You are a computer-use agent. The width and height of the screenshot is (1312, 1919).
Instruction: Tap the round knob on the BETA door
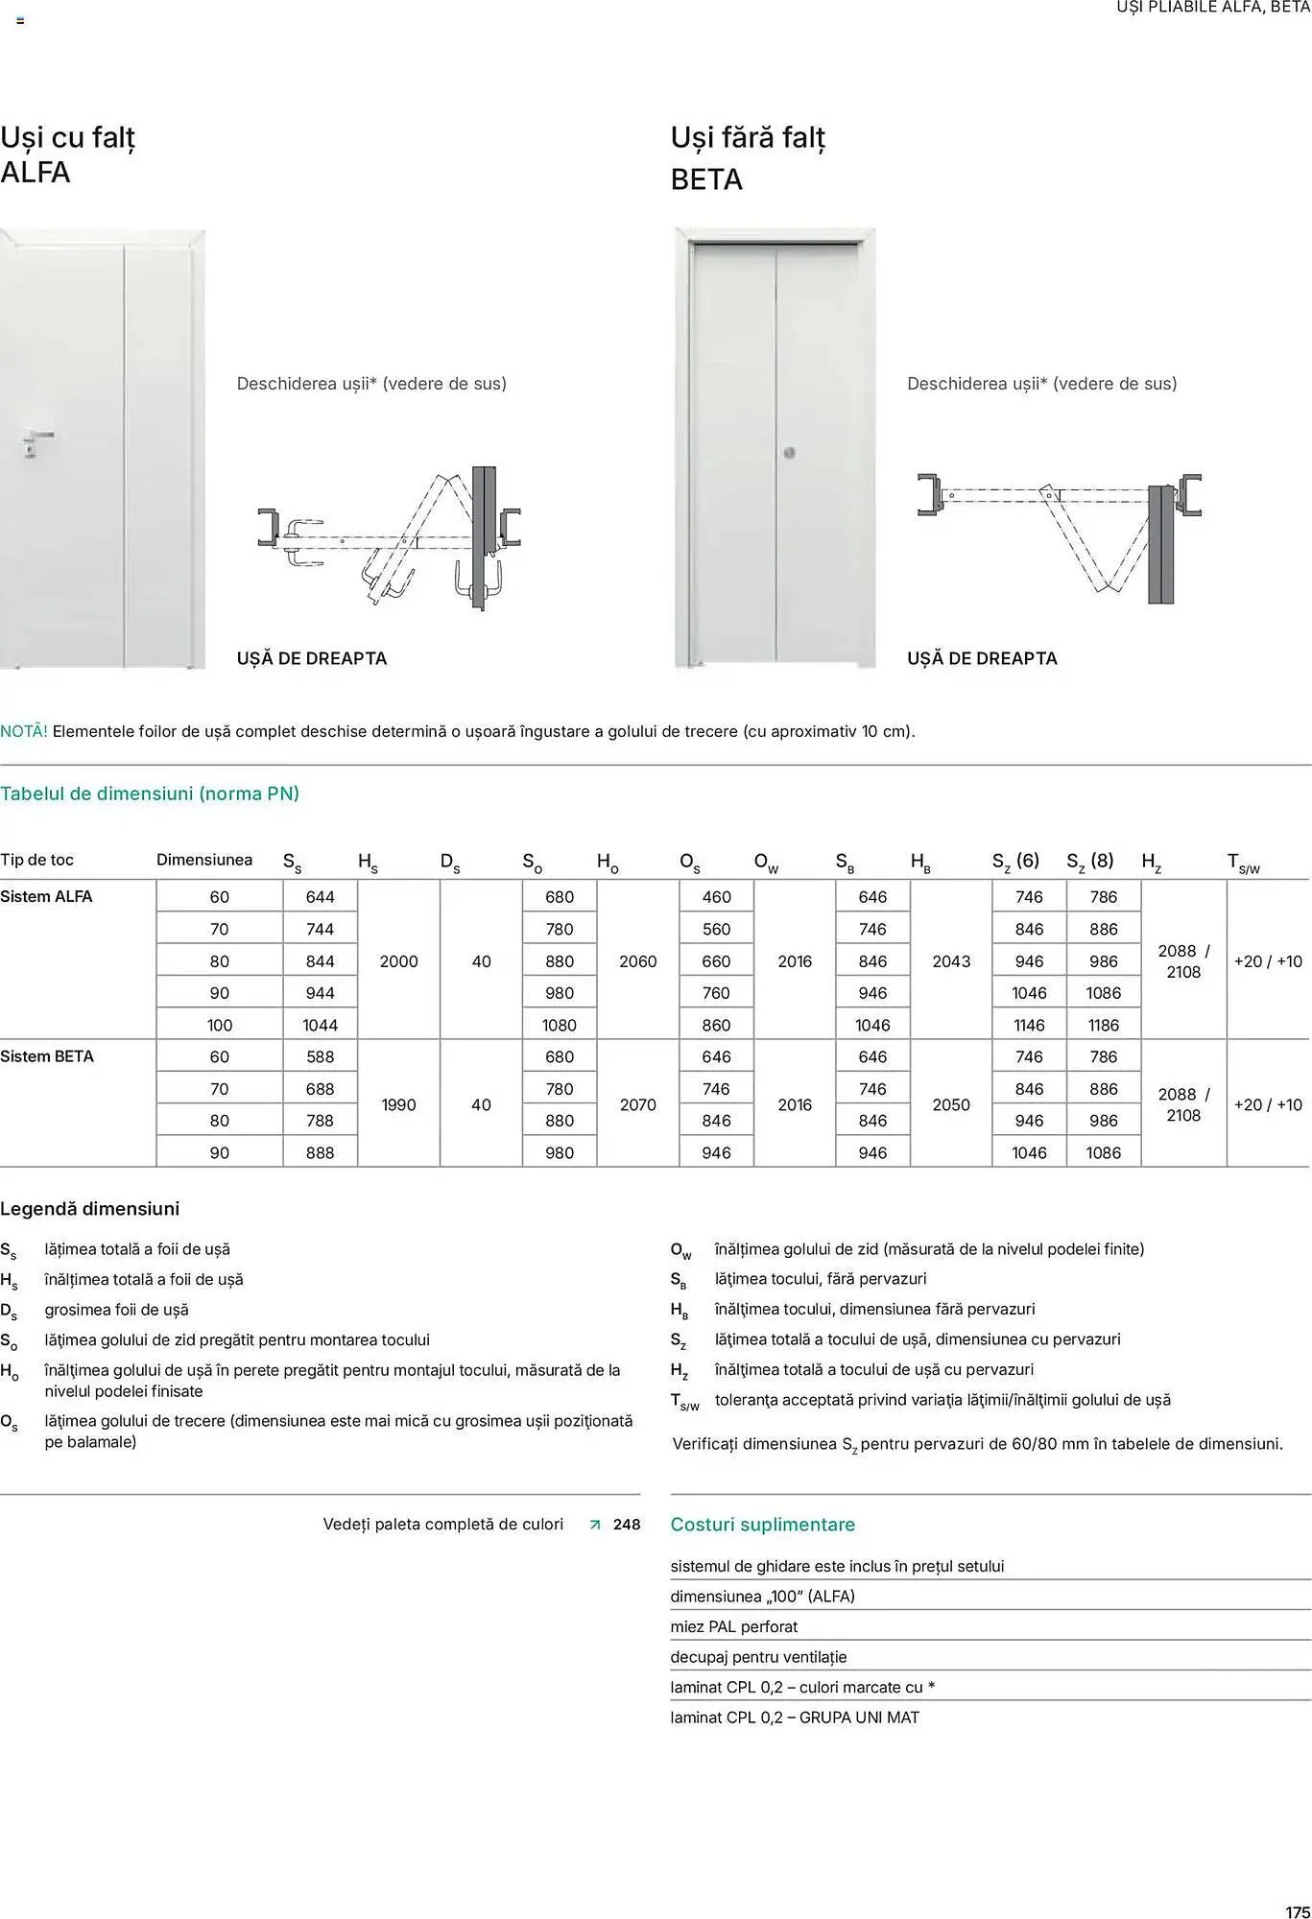[789, 453]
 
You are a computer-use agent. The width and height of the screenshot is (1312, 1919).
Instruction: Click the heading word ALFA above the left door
[36, 173]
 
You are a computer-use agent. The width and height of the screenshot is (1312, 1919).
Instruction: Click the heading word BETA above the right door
[706, 179]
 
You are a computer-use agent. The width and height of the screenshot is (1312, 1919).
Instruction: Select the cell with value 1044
[320, 1025]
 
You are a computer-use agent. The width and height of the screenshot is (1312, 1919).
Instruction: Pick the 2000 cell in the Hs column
[398, 961]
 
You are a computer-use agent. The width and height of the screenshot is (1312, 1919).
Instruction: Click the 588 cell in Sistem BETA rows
[320, 1056]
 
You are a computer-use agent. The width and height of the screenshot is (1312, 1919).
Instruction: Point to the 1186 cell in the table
[1103, 1025]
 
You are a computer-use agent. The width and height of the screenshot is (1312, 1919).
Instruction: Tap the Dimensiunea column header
[204, 860]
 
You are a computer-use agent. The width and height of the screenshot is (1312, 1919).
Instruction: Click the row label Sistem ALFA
[46, 896]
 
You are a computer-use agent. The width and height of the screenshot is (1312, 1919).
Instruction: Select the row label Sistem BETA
[47, 1056]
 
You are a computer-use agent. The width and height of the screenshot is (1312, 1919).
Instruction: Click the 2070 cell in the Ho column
[637, 1104]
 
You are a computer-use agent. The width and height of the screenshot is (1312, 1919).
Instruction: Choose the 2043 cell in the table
[951, 961]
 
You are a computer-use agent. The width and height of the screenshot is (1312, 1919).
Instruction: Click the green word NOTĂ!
[23, 731]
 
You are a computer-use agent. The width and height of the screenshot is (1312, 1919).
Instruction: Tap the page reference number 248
[627, 1524]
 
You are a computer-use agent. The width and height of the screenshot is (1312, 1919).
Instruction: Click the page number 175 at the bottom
[1297, 1911]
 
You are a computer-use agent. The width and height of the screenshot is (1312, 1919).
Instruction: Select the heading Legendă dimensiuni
[89, 1209]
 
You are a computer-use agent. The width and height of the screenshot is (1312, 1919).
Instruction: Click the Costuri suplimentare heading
[762, 1524]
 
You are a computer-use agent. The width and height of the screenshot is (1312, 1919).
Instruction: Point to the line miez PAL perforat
[734, 1626]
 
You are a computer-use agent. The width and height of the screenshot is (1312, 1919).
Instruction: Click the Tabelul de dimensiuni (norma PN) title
[150, 794]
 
